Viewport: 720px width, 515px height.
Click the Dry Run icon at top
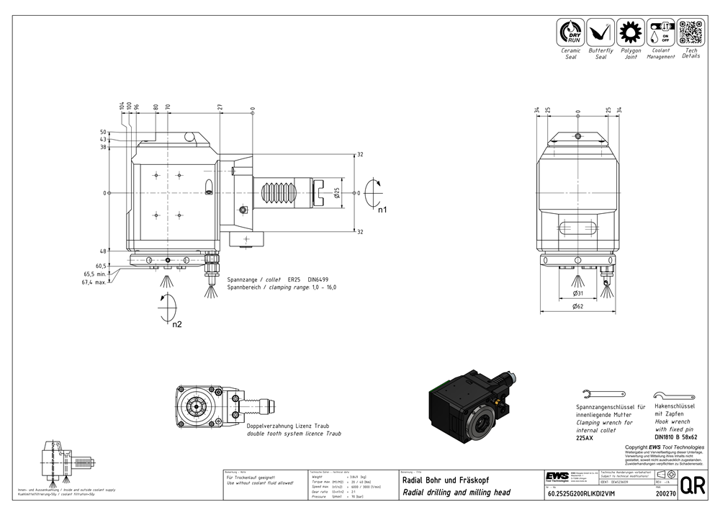(x=570, y=33)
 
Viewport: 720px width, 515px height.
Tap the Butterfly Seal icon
(x=600, y=33)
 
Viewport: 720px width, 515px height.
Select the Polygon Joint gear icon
(x=631, y=33)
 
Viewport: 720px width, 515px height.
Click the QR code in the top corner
(x=690, y=33)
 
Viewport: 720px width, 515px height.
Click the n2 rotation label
(x=176, y=324)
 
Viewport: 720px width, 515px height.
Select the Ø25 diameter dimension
(x=336, y=192)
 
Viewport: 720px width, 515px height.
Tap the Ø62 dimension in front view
(x=577, y=307)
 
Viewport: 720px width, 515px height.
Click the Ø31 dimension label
(x=577, y=294)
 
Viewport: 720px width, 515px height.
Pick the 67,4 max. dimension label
(x=94, y=282)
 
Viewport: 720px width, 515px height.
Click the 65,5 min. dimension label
(x=94, y=274)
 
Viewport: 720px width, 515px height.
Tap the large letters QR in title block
(x=693, y=486)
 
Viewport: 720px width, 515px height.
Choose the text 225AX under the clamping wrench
(x=585, y=438)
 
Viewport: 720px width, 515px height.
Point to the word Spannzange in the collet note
(x=242, y=279)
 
